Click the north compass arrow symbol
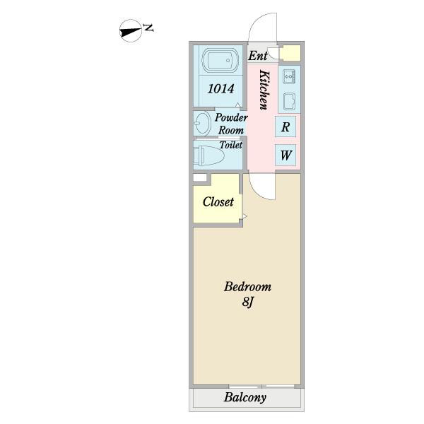130,30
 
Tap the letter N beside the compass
148,28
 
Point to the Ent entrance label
257,54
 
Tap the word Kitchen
264,90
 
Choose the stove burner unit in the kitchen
289,76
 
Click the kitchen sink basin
289,100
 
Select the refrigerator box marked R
285,127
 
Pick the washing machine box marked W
285,155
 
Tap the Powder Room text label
230,124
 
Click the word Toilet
230,145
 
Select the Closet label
218,202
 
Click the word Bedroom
247,287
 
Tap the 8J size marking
247,302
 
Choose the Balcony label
245,398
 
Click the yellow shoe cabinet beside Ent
290,54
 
